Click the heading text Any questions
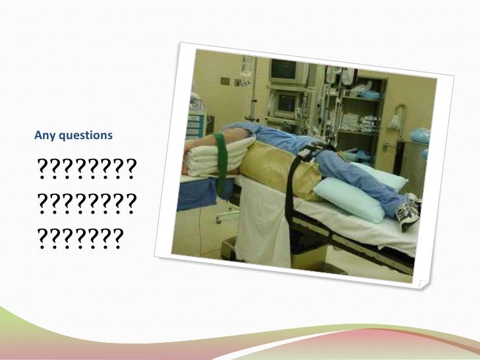[x=73, y=136]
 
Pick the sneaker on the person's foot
[x=409, y=210]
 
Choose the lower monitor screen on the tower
[x=286, y=102]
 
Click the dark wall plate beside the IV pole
[x=225, y=81]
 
